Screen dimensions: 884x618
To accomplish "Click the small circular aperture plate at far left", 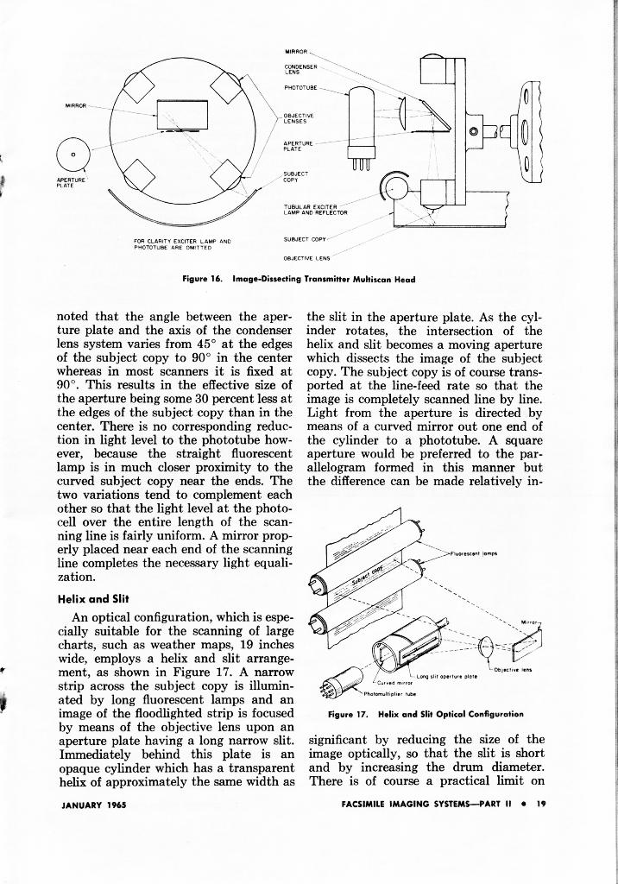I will pos(75,154).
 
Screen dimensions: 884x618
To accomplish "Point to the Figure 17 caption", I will pos(426,714).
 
